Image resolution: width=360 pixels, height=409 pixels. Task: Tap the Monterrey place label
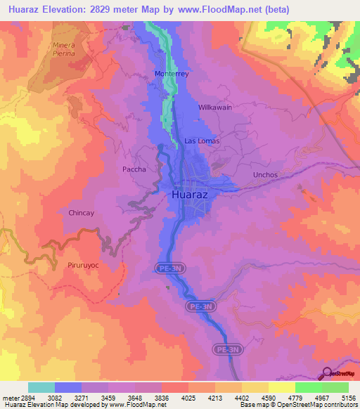tap(173, 74)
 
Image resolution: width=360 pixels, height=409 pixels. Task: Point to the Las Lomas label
tap(202, 141)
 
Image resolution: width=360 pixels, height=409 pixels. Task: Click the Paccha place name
tap(134, 169)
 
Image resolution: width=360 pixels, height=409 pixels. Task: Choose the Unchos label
tap(266, 174)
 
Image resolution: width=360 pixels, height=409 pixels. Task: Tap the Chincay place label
tap(82, 212)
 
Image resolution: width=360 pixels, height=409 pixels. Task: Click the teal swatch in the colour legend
tap(41, 387)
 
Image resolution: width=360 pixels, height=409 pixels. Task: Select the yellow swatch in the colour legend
tap(281, 387)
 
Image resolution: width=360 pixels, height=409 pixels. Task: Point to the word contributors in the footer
tap(338, 405)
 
